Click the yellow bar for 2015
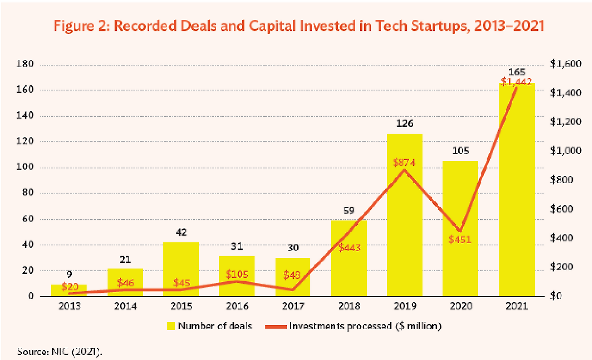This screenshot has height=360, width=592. [181, 268]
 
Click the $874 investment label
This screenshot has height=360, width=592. [405, 162]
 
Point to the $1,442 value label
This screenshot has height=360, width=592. [516, 82]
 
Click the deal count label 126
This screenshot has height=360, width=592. [405, 124]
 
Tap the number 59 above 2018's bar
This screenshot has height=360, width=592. [349, 211]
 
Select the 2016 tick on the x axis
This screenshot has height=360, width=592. [237, 306]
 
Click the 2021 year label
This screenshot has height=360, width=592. [516, 306]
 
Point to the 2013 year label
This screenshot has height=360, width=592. [69, 306]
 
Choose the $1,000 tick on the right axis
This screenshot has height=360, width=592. [564, 151]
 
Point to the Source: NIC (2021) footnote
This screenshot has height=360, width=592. [60, 351]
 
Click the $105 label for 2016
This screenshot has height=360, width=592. [237, 274]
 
